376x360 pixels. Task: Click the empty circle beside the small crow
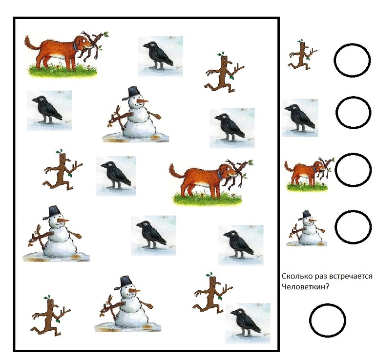pos(353,97)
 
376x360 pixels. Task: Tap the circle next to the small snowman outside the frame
pos(353,211)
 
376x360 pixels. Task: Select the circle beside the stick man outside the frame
pos(352,44)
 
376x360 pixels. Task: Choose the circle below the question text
pos(327,304)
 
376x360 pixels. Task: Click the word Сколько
pos(294,276)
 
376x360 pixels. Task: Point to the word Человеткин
pos(303,286)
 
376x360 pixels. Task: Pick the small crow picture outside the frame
pos(300,118)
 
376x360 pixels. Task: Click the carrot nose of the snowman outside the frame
pos(313,220)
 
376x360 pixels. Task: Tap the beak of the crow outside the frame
pos(287,108)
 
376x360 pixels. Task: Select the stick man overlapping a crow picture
pos(212,293)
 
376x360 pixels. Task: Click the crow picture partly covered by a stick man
pos(248,323)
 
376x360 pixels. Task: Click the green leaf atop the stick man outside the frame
pos(301,41)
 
